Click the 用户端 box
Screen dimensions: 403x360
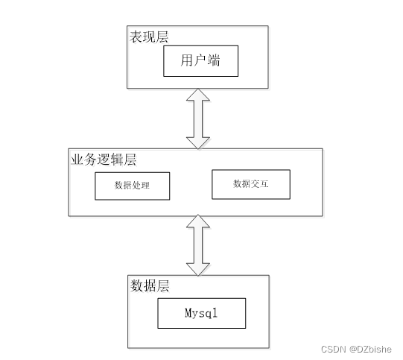tap(200, 61)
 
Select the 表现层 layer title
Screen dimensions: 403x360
tap(149, 37)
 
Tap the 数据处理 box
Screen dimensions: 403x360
tap(133, 186)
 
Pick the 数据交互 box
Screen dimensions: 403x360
tap(251, 184)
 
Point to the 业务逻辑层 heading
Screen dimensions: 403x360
tap(104, 160)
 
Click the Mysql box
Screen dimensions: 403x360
tap(201, 313)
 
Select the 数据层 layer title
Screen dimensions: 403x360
tap(150, 285)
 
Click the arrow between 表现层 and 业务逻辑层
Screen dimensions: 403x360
tap(198, 119)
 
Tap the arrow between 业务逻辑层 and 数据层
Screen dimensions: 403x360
tap(198, 245)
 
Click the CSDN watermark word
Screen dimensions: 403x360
tap(334, 350)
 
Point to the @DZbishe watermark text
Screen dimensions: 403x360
tap(370, 350)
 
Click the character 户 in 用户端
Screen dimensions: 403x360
tap(200, 60)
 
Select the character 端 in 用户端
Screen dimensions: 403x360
tap(214, 60)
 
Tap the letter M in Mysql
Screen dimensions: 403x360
tap(188, 312)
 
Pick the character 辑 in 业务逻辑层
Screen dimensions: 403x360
tap(117, 160)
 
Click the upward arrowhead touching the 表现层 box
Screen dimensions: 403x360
tap(198, 95)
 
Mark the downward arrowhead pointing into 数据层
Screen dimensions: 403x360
tap(198, 270)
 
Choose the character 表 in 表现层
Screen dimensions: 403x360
tap(136, 37)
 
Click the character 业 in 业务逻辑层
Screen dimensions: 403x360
tap(77, 160)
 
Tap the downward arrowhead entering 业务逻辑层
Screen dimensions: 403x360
tap(198, 143)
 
